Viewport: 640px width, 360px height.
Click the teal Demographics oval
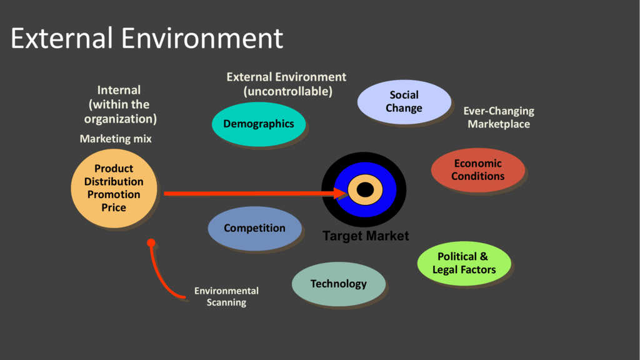pos(258,124)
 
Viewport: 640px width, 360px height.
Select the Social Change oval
pos(404,102)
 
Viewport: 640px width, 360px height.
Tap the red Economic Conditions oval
pos(477,170)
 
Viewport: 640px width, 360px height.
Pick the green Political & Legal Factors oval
pos(464,263)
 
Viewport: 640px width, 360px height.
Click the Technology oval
pos(338,284)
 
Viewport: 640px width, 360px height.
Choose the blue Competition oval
pos(254,228)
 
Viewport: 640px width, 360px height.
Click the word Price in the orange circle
pos(114,207)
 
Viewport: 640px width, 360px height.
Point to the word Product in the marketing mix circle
pos(114,168)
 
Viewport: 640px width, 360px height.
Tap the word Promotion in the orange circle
pos(114,194)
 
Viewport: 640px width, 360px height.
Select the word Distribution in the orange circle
pos(114,181)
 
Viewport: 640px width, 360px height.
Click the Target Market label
pos(366,236)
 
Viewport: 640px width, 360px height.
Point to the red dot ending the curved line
pos(151,242)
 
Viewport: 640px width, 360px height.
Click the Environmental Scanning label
pos(226,296)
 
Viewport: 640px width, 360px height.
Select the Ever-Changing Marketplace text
pos(499,117)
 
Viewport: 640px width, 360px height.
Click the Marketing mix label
pos(116,139)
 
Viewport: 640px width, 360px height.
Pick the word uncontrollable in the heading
pos(287,91)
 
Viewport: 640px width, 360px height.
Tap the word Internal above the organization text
pos(119,90)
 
